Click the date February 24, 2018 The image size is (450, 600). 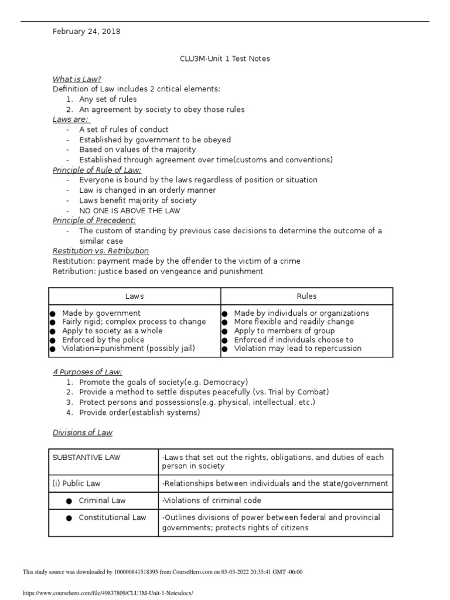tap(86, 32)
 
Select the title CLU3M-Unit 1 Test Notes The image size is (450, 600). tap(224, 59)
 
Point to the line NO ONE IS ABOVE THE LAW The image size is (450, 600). tap(129, 210)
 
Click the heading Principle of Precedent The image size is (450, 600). tap(94, 220)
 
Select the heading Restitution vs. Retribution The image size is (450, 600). tap(101, 251)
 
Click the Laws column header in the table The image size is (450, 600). tap(134, 296)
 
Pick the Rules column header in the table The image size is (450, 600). tap(306, 296)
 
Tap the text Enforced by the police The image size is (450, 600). tap(103, 340)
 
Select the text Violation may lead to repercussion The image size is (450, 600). tap(298, 349)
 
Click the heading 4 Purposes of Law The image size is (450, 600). tap(87, 371)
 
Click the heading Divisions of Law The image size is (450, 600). tap(83, 432)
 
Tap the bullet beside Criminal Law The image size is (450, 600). tap(69, 501)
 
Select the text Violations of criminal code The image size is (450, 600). tap(212, 500)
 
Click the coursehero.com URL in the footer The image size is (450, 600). tap(107, 593)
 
